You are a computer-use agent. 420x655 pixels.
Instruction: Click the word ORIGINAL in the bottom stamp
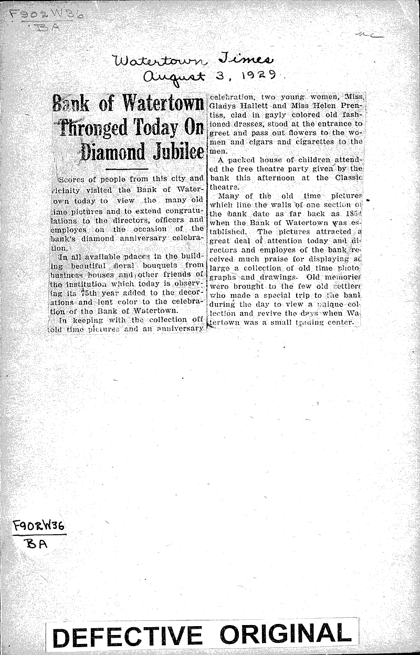286,635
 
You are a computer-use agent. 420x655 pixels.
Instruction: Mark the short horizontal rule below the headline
127,170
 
